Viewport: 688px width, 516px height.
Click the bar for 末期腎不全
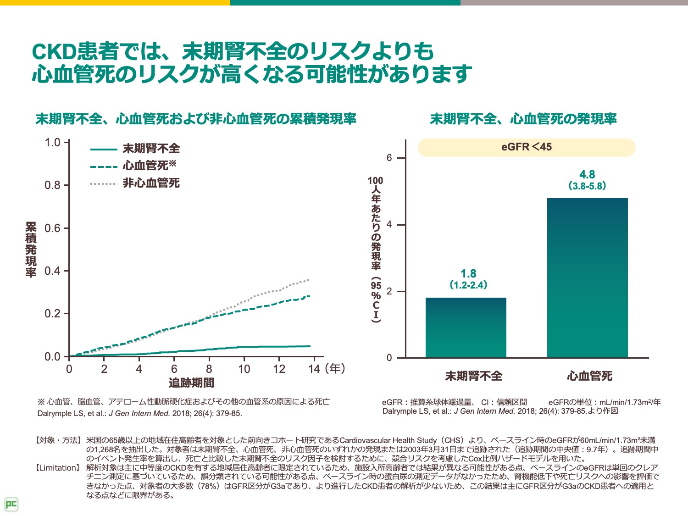(466, 327)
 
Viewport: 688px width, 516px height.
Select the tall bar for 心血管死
(587, 277)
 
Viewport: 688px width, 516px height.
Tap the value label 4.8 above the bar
(587, 175)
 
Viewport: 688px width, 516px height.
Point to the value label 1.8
(468, 274)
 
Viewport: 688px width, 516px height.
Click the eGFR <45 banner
(526, 147)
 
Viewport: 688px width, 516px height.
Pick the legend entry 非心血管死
(151, 183)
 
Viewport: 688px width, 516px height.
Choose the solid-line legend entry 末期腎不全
(151, 149)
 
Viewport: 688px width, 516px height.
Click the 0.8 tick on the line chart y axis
(52, 185)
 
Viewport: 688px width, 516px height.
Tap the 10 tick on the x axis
(244, 369)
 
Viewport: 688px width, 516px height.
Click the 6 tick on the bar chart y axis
(389, 158)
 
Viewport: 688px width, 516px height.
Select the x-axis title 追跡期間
(191, 383)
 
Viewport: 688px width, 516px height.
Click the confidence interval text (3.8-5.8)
(587, 186)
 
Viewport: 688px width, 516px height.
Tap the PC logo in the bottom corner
(11, 505)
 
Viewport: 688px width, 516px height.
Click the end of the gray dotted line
(309, 280)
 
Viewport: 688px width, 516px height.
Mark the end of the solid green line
(310, 346)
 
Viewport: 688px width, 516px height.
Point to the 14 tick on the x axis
(314, 369)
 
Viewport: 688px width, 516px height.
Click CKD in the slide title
(54, 52)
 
